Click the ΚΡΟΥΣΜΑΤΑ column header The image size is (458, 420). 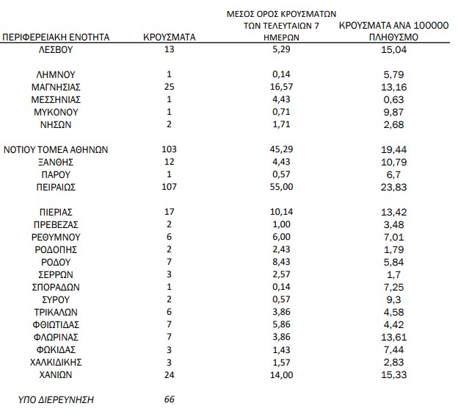click(170, 36)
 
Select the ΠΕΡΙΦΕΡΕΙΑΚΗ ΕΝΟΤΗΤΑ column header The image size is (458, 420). click(56, 36)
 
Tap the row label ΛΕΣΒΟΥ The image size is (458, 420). click(57, 49)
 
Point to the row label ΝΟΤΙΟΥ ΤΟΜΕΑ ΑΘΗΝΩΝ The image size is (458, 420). click(57, 149)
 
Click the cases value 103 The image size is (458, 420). click(170, 149)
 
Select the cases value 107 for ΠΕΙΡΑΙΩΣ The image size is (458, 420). click(170, 187)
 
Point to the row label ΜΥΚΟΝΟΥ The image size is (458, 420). click(57, 112)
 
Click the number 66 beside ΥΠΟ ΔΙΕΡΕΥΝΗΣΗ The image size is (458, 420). click(170, 400)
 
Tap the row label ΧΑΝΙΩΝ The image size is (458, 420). click(57, 375)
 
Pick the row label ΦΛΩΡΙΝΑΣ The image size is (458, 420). click(57, 338)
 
